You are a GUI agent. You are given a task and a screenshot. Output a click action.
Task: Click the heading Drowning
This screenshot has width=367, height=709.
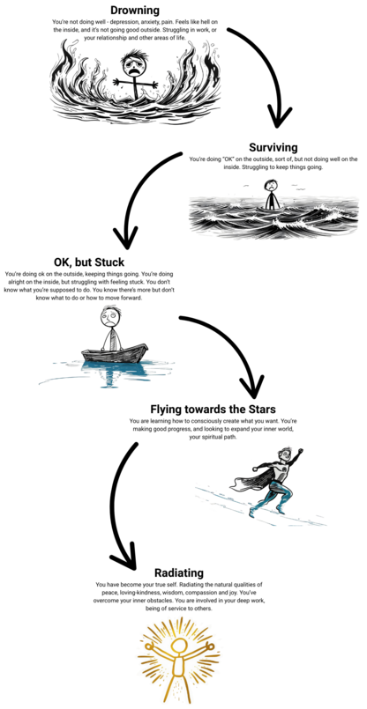click(x=136, y=10)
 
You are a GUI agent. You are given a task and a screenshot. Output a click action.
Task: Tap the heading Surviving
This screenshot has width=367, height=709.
click(x=273, y=147)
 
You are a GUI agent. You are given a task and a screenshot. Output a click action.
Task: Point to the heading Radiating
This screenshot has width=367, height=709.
click(x=179, y=573)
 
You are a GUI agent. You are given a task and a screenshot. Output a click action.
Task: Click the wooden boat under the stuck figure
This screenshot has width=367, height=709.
click(x=115, y=352)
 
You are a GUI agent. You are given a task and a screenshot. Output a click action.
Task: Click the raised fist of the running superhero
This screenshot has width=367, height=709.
click(x=299, y=451)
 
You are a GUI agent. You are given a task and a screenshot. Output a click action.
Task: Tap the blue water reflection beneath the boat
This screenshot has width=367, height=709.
click(x=114, y=368)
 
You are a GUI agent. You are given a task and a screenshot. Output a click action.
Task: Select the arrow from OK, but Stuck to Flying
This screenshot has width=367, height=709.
click(x=236, y=343)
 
